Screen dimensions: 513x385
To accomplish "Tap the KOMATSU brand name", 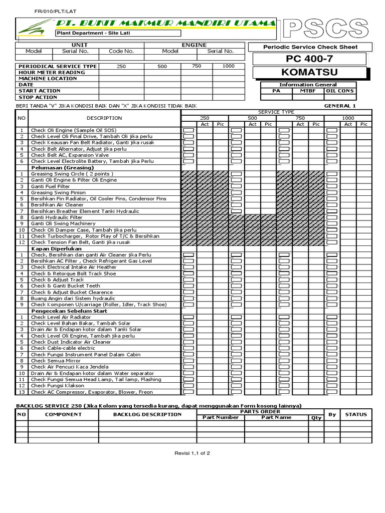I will click(x=309, y=73).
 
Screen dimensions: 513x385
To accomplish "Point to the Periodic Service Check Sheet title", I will click(x=310, y=47).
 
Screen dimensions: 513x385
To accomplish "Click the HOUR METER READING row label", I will click(x=52, y=72).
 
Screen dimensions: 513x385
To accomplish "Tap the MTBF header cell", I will click(x=308, y=91).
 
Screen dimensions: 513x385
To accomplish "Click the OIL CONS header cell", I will click(x=340, y=91).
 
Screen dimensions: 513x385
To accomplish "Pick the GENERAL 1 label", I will click(x=340, y=106).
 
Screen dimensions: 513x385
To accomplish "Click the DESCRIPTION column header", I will click(x=104, y=118).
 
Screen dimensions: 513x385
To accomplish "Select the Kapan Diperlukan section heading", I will click(x=56, y=248).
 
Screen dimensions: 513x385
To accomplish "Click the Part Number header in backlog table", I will click(x=220, y=417).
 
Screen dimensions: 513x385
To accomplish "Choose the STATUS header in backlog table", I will click(x=356, y=414).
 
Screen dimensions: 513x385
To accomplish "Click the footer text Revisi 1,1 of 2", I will click(x=192, y=452).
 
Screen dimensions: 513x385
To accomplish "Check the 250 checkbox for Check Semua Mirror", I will click(x=188, y=361).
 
